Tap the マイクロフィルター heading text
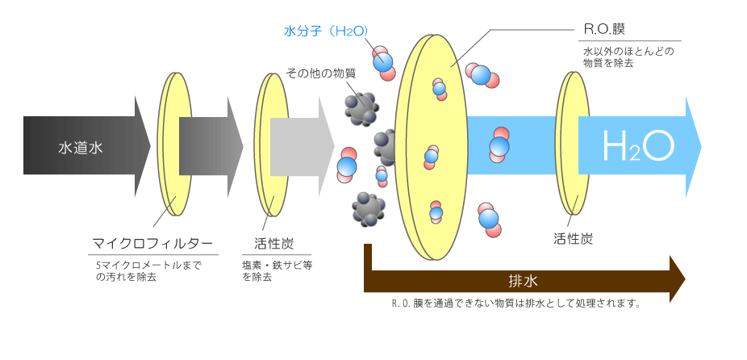tap(151, 243)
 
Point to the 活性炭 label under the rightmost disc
tap(573, 239)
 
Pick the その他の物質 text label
tap(320, 73)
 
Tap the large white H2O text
tap(638, 146)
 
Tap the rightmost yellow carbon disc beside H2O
tap(570, 145)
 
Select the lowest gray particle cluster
tap(368, 209)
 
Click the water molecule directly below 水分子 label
tap(383, 61)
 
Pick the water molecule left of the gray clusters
tap(347, 164)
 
